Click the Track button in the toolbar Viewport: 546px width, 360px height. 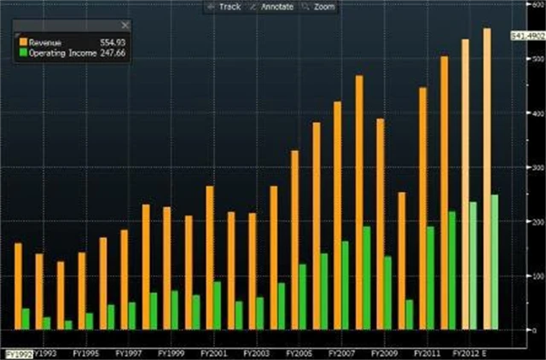pyautogui.click(x=225, y=7)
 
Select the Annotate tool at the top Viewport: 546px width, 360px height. pyautogui.click(x=275, y=7)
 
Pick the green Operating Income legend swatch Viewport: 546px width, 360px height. pyautogui.click(x=24, y=51)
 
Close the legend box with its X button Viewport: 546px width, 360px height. pyautogui.click(x=125, y=26)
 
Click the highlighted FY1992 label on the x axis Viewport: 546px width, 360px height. pyautogui.click(x=19, y=351)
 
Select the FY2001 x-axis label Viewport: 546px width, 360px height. pyautogui.click(x=212, y=351)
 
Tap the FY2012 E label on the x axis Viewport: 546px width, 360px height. pyautogui.click(x=470, y=351)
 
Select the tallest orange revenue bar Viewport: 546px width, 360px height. pyautogui.click(x=487, y=178)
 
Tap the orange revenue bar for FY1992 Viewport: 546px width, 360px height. pyautogui.click(x=19, y=286)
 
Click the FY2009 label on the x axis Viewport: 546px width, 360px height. pyautogui.click(x=384, y=351)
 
